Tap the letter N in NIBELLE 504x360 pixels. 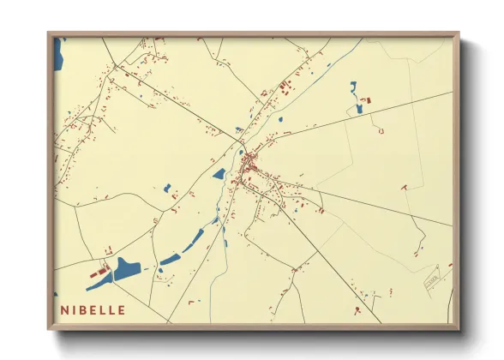click(x=65, y=309)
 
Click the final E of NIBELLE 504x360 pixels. click(x=122, y=309)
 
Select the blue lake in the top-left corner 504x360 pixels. click(x=57, y=56)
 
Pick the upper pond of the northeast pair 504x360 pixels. click(x=352, y=86)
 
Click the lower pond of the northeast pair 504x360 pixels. click(x=359, y=108)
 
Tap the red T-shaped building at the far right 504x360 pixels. click(x=403, y=186)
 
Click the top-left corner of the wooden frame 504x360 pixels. click(x=49, y=33)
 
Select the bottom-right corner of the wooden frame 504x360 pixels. click(x=458, y=328)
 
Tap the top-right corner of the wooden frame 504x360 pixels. click(x=458, y=33)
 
